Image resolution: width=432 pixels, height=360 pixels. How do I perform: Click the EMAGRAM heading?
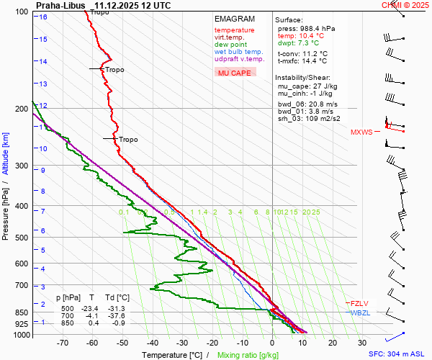pyautogui.click(x=234, y=19)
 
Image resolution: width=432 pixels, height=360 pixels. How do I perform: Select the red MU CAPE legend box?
pyautogui.click(x=235, y=73)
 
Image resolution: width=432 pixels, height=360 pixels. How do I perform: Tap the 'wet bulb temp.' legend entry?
pyautogui.click(x=238, y=52)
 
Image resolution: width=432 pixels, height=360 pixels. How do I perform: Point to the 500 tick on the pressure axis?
pyautogui.click(x=21, y=238)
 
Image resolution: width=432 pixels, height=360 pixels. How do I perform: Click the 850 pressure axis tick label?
pyautogui.click(x=21, y=312)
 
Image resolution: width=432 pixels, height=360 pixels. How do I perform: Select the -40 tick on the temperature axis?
pyautogui.click(x=152, y=343)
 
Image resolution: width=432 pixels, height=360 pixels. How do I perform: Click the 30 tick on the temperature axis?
pyautogui.click(x=362, y=343)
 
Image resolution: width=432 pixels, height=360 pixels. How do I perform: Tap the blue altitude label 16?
pyautogui.click(x=43, y=17)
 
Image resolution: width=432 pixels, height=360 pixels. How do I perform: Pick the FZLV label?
pyautogui.click(x=359, y=303)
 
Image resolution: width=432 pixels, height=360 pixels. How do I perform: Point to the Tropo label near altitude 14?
pyautogui.click(x=114, y=70)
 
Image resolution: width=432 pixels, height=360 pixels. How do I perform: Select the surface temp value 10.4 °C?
pyautogui.click(x=302, y=35)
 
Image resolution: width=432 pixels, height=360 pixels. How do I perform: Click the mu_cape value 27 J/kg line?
pyautogui.click(x=305, y=86)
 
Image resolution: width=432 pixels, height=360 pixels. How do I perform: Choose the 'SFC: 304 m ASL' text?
pyautogui.click(x=397, y=355)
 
